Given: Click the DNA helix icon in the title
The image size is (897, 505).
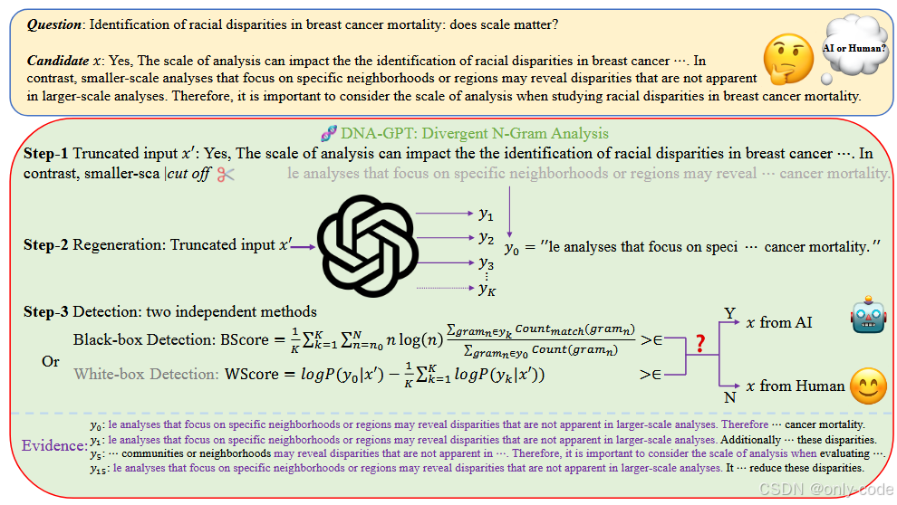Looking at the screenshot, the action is tap(329, 133).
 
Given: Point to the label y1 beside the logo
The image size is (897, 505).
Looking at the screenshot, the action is tap(486, 214).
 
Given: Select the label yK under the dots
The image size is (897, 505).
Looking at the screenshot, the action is tap(487, 289).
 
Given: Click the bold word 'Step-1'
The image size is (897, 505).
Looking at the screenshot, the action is tap(46, 154).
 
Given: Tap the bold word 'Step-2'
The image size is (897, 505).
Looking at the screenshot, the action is tap(46, 245).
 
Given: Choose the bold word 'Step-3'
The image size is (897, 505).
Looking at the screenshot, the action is tap(46, 312).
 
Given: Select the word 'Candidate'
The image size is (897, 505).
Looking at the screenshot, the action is tap(58, 61).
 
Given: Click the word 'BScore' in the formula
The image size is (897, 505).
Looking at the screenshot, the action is tap(245, 340).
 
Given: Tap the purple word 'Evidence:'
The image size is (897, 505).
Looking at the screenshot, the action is tap(54, 446).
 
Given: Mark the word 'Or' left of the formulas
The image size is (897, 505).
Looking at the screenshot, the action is tap(51, 361).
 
